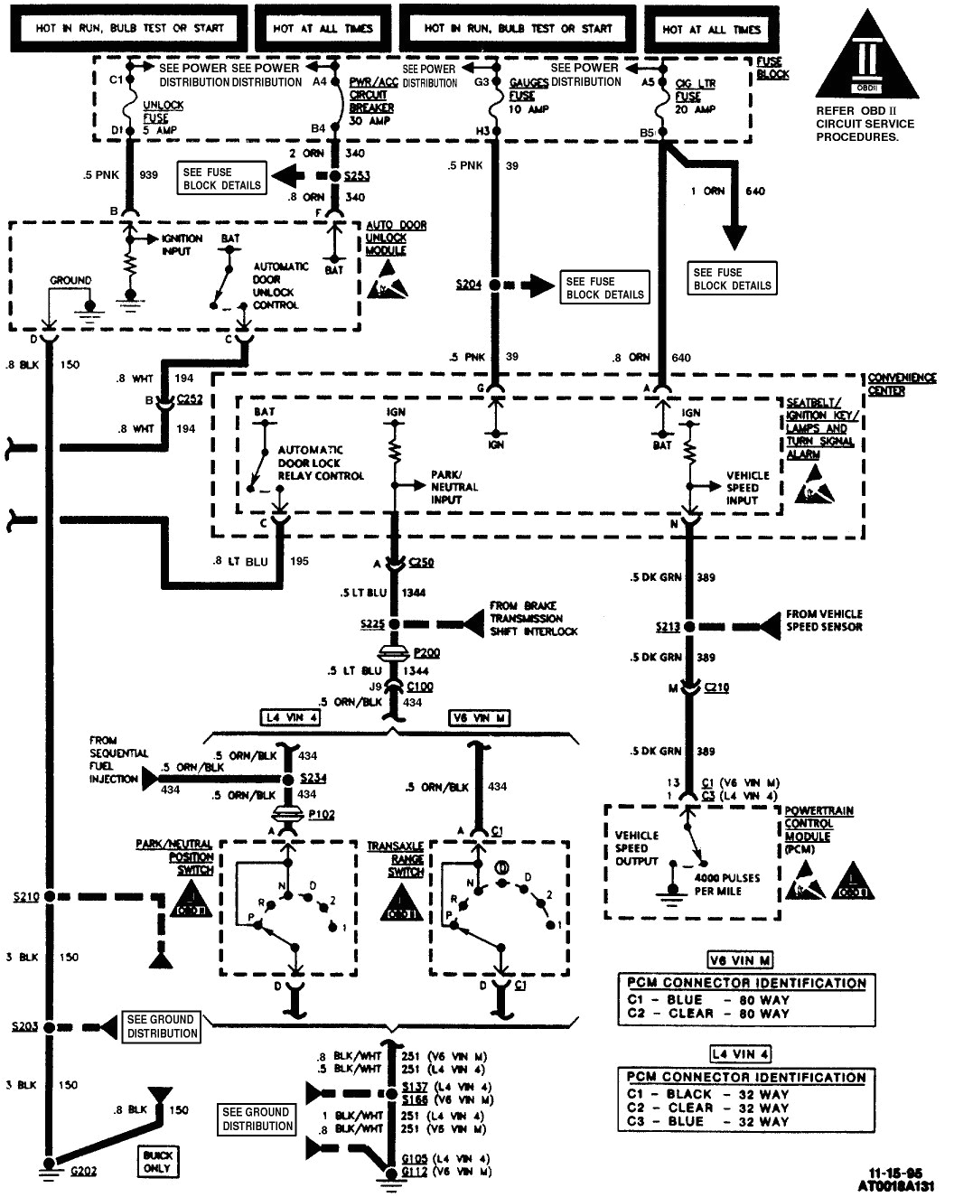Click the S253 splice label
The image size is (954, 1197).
[357, 176]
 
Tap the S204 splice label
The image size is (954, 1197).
[468, 285]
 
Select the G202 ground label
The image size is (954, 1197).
[83, 1171]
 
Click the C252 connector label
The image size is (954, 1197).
[190, 398]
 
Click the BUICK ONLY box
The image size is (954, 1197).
[157, 1162]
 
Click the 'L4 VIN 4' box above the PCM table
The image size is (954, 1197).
[740, 1054]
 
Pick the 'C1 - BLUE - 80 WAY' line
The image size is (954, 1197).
[708, 1000]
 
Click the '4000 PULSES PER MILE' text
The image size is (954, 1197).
[727, 884]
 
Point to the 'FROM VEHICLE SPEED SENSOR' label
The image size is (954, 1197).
[823, 620]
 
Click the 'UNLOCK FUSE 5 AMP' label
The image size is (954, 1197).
[164, 117]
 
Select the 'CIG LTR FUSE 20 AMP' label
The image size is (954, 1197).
[696, 96]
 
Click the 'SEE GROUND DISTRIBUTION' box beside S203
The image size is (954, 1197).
[162, 1026]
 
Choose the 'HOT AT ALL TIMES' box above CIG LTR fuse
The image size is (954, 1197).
[712, 29]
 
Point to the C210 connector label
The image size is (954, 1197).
[716, 688]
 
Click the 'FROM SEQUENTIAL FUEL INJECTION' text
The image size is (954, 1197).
[113, 759]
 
